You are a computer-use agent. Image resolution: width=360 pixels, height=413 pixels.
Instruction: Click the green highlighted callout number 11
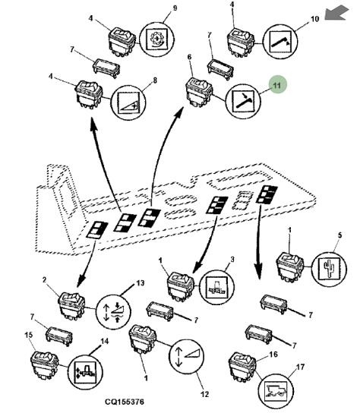point(277,85)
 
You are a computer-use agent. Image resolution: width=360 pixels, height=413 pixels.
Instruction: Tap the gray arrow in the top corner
point(336,13)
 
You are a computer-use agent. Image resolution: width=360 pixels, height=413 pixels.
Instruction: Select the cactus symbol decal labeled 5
point(329,270)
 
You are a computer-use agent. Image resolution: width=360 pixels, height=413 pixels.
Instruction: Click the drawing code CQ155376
point(125,402)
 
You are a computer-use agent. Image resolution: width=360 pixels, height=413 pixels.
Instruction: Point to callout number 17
point(301,367)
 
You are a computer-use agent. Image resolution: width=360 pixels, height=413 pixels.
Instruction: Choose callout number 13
point(141,283)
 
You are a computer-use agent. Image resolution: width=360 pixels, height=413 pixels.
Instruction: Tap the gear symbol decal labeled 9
point(156,39)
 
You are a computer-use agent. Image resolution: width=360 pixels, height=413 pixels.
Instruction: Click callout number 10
point(315,19)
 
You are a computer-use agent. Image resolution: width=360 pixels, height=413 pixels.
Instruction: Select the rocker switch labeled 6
point(199,92)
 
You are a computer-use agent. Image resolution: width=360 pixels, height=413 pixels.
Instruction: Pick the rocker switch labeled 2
point(71,305)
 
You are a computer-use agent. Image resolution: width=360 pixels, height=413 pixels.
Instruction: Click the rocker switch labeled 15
point(45,365)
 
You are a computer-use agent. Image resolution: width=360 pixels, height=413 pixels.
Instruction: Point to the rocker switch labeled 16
point(242,367)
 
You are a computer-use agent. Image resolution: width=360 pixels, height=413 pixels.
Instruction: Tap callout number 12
point(204,394)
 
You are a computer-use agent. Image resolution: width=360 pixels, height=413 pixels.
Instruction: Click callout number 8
point(155,80)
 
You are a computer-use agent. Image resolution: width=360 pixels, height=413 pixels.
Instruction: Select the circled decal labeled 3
point(216,288)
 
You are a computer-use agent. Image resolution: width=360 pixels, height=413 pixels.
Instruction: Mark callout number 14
point(105,342)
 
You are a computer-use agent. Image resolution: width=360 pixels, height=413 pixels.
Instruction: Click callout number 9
point(175,8)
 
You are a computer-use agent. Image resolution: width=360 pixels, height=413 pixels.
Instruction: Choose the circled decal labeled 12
point(187,357)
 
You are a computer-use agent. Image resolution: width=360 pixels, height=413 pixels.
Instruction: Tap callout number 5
point(340,235)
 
